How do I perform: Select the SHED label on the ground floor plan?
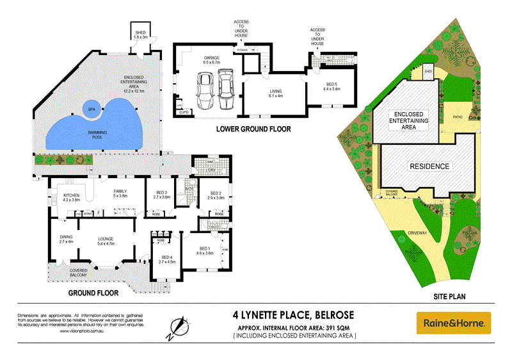pyautogui.click(x=140, y=34)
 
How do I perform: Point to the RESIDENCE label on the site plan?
pyautogui.click(x=429, y=167)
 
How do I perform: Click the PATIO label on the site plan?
pyautogui.click(x=458, y=117)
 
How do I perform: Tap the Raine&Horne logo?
pyautogui.click(x=453, y=323)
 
